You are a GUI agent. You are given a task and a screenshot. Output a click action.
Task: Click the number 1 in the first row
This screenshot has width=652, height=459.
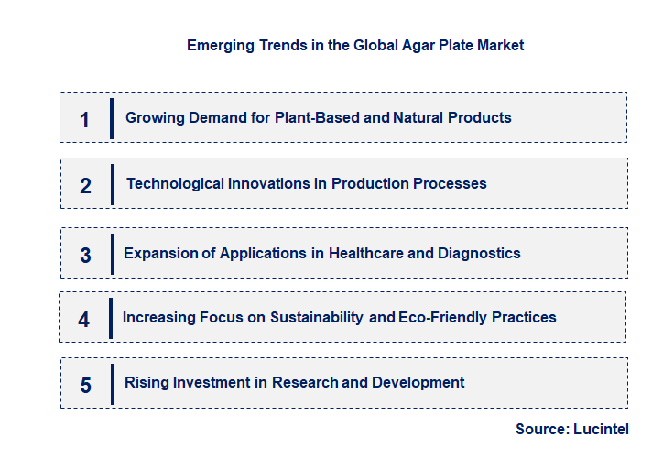[85, 119]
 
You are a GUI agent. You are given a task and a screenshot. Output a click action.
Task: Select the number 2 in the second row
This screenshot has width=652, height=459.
[85, 185]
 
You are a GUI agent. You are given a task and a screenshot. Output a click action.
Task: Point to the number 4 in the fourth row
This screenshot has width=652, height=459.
[84, 320]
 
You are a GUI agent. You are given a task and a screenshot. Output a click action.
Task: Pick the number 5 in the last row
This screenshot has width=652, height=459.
[85, 385]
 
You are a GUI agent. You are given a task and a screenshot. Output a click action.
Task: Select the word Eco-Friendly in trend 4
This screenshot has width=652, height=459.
[441, 317]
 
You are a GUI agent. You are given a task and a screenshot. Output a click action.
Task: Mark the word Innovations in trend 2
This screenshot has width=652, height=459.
[269, 183]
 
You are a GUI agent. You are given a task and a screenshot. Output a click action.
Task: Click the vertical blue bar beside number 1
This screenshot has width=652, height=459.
[111, 118]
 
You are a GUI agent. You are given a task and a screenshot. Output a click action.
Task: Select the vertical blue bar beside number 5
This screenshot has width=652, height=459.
[111, 383]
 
